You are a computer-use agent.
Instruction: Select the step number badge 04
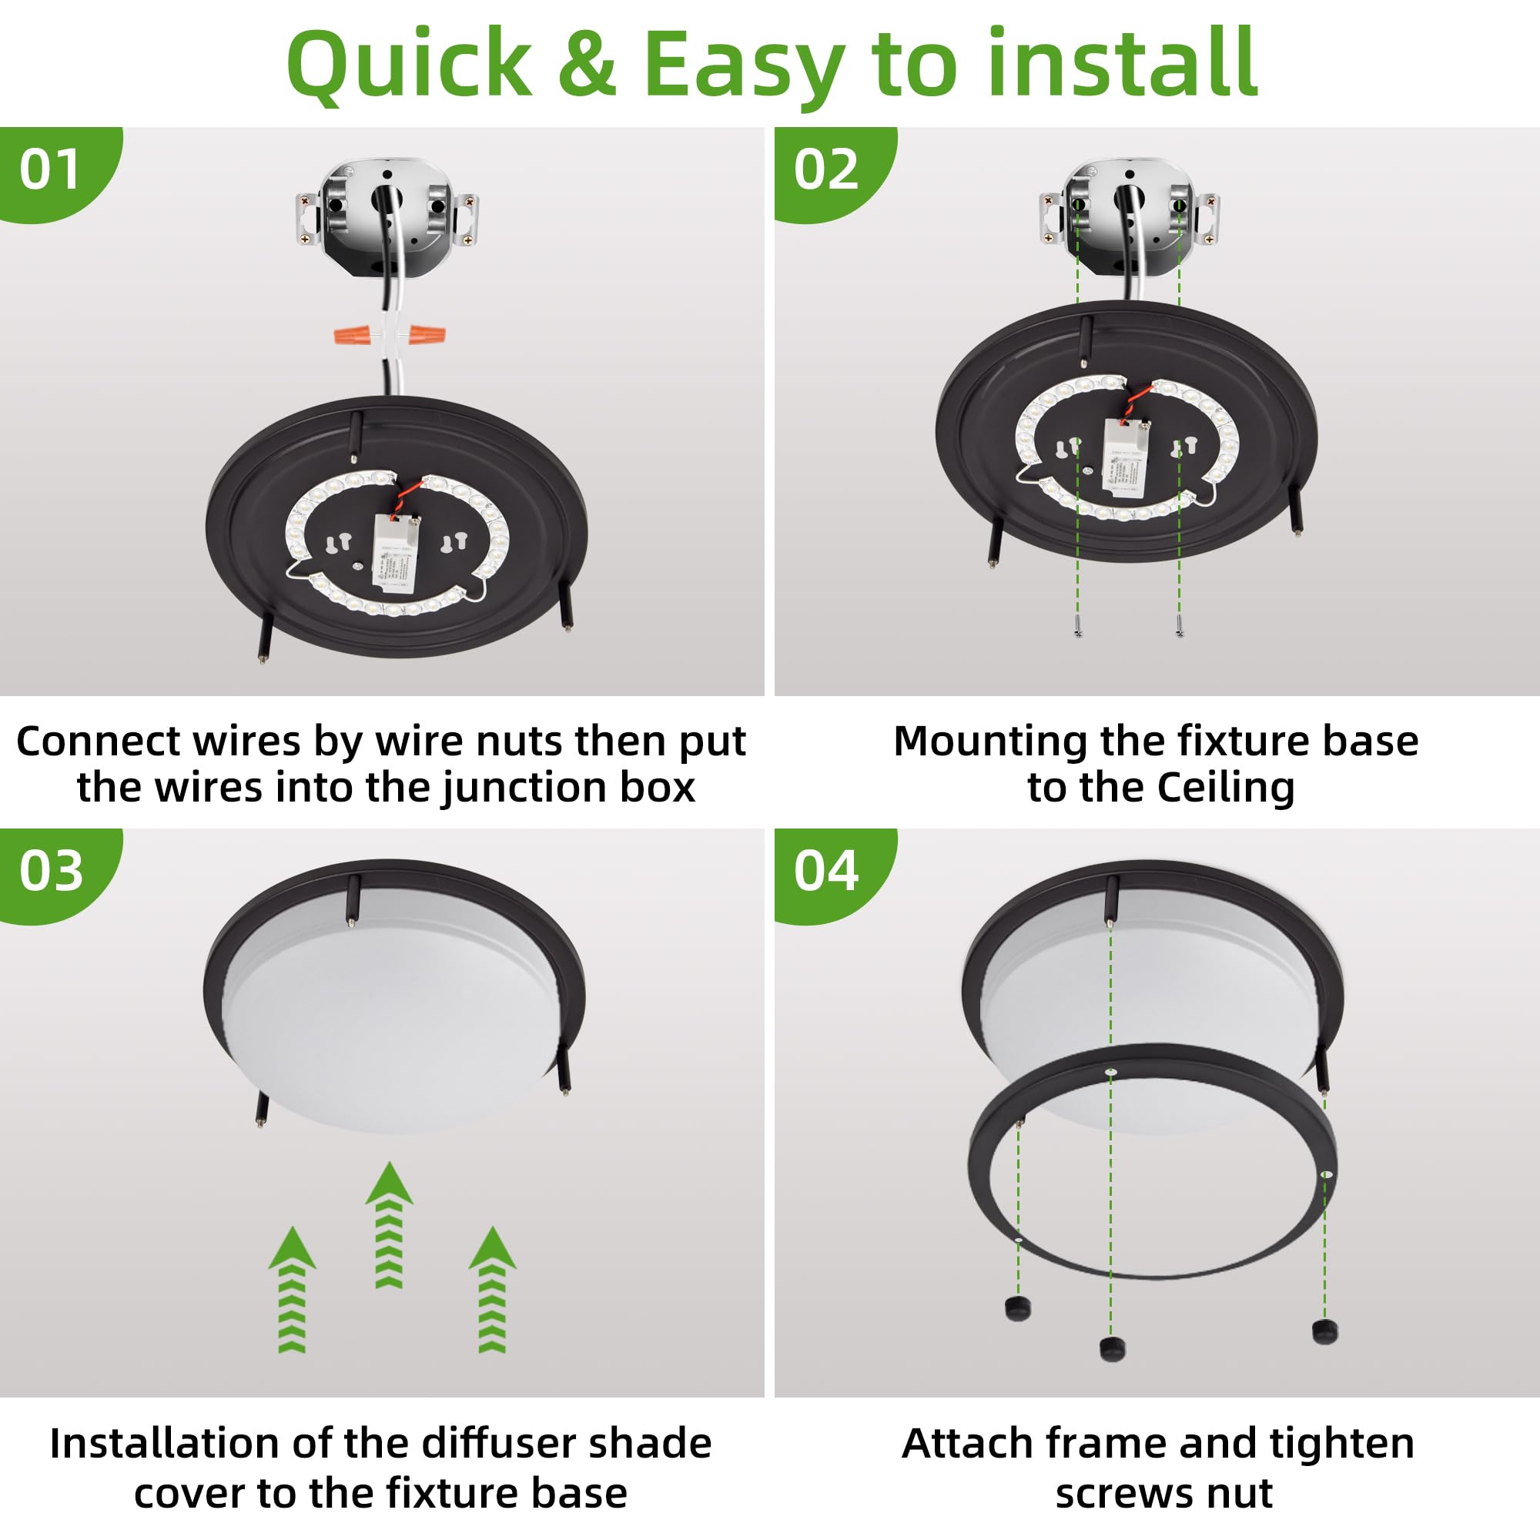pos(825,870)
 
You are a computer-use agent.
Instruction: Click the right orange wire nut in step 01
pos(427,334)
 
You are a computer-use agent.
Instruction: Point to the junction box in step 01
pos(387,216)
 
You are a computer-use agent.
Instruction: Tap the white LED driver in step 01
pos(395,553)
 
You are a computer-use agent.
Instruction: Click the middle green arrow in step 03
pos(389,1225)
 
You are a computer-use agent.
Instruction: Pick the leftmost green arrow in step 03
pos(293,1289)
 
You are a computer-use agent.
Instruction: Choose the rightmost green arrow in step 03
pos(493,1289)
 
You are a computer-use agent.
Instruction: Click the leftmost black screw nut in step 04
pos(1018,1307)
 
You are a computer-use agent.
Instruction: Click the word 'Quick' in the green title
pos(409,64)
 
